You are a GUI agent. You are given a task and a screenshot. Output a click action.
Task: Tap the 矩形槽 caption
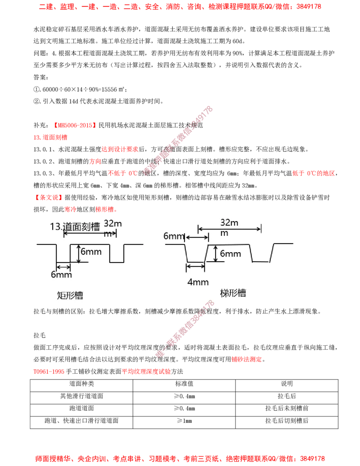[x=70, y=295]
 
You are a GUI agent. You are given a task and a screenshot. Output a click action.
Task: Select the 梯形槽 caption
[x=233, y=293]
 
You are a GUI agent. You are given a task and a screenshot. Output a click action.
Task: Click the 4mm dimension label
[x=198, y=282]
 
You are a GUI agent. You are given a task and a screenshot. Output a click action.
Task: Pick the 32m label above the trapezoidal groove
[x=230, y=222]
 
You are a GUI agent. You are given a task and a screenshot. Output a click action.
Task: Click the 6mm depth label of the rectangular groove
[x=91, y=252]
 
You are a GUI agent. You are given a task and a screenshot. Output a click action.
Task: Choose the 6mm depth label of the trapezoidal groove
[x=231, y=253]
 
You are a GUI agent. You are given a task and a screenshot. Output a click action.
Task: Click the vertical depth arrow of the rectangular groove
[x=79, y=253]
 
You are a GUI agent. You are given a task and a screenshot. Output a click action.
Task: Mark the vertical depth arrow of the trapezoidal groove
[x=216, y=254]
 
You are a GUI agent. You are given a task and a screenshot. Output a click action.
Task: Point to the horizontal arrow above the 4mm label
[x=196, y=267]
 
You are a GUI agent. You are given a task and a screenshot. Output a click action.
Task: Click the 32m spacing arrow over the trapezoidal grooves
[x=229, y=229]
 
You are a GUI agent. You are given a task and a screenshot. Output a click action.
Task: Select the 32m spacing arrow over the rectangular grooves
[x=90, y=233]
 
